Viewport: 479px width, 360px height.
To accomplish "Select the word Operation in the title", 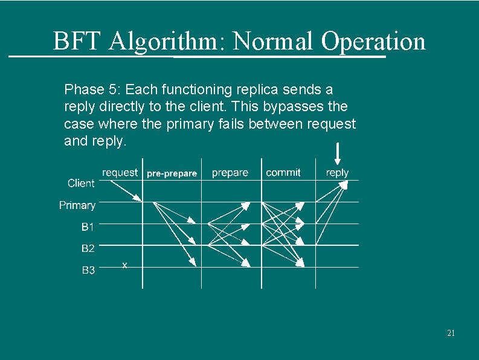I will point(373,42).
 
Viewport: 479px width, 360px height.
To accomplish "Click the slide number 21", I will point(451,333).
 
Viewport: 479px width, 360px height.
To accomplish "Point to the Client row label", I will point(81,183).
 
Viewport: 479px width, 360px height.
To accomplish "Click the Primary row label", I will point(77,205).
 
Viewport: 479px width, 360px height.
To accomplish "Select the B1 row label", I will point(88,227).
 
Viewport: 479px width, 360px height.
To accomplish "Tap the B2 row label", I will point(88,248).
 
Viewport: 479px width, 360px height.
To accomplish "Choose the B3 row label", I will point(88,270).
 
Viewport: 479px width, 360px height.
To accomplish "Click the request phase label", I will point(120,173).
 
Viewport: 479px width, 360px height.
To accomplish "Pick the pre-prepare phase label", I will point(172,173).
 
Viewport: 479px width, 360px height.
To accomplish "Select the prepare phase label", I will point(230,173).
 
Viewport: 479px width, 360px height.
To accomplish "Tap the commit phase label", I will point(283,173).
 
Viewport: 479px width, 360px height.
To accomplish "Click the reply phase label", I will point(337,173).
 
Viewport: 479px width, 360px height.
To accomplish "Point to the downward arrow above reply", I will point(338,153).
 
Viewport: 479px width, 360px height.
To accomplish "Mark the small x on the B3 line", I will point(124,265).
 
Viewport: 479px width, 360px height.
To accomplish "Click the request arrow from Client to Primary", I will point(127,191).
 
